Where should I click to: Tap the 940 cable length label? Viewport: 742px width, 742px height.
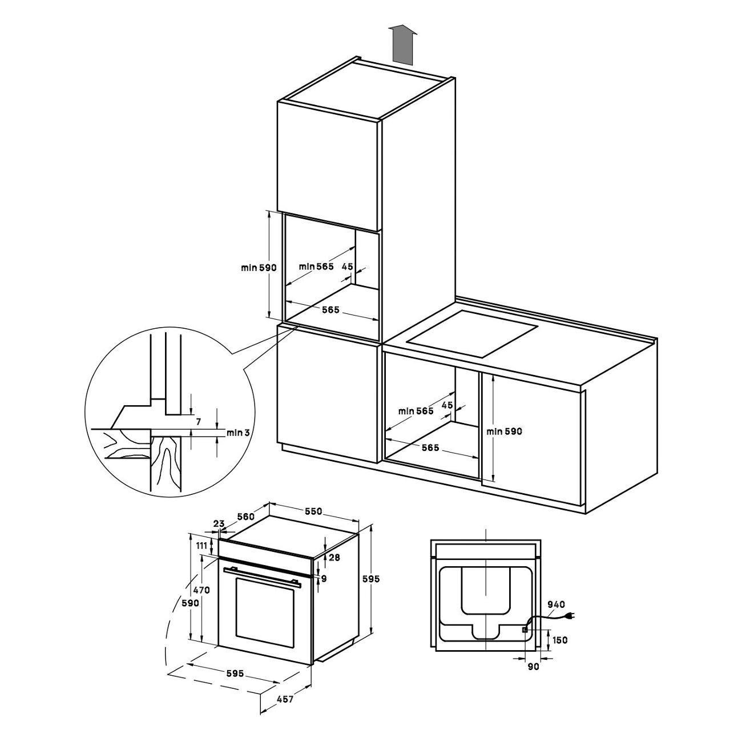(x=556, y=604)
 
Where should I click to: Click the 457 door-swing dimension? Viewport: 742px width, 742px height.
(x=285, y=709)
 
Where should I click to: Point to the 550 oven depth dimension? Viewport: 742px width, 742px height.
(x=313, y=511)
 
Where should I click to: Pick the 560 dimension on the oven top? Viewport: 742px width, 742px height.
(x=245, y=517)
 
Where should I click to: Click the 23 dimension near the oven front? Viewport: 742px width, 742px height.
(x=219, y=523)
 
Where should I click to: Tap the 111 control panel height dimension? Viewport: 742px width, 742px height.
(x=201, y=545)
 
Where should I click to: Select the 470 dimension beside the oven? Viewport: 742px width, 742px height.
(x=201, y=590)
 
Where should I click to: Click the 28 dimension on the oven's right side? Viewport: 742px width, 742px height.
(x=334, y=557)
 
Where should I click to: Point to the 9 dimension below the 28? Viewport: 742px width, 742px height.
(x=324, y=578)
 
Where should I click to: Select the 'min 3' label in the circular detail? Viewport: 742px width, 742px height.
(x=237, y=433)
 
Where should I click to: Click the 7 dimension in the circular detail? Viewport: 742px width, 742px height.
(x=198, y=422)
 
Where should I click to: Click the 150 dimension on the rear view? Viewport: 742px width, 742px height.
(x=560, y=640)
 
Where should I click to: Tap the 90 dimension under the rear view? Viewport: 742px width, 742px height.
(x=533, y=667)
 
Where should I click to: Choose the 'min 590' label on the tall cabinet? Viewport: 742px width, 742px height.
(x=259, y=267)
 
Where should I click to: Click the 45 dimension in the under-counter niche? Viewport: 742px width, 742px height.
(x=447, y=405)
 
